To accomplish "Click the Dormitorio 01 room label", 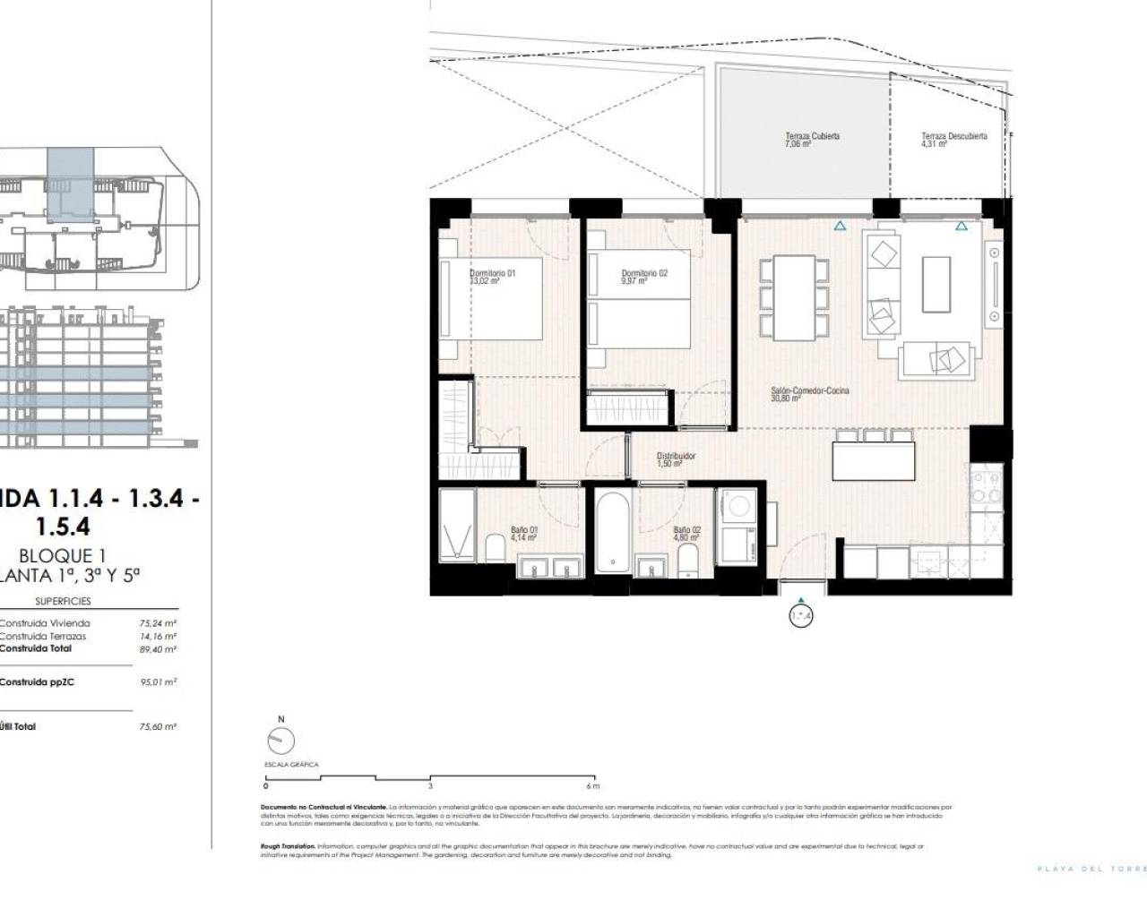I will click(x=492, y=277).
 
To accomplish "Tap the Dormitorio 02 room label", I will click(x=644, y=277).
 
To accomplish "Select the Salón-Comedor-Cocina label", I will click(x=798, y=395).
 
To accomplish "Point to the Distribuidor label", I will click(x=676, y=459).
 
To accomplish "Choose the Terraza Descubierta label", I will click(x=953, y=140).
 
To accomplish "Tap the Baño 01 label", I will click(x=523, y=535).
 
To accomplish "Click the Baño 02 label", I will click(x=686, y=535).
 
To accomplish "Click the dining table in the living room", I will click(x=788, y=297).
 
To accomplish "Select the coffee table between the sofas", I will click(x=937, y=283).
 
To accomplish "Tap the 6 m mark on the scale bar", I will click(x=591, y=786).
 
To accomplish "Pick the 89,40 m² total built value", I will click(x=162, y=649).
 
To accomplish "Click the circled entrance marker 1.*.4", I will click(x=800, y=616).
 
